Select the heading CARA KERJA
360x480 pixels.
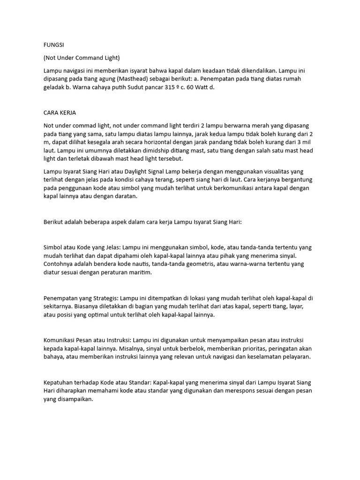tap(60, 113)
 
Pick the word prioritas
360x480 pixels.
tap(253, 348)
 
